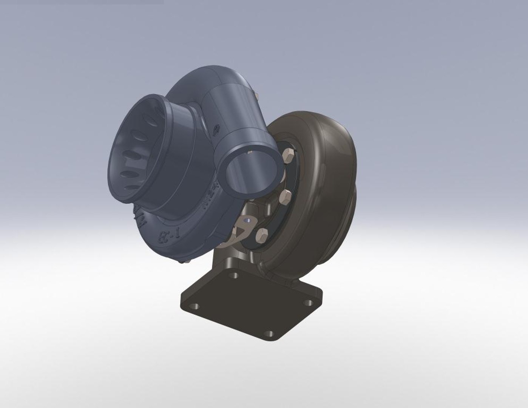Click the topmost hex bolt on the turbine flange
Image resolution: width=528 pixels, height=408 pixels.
[x=289, y=155]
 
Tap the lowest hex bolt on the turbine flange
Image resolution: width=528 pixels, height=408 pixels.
[x=262, y=235]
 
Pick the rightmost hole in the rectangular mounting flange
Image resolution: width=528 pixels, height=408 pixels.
[x=309, y=302]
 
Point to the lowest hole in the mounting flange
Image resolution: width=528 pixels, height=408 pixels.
[x=269, y=333]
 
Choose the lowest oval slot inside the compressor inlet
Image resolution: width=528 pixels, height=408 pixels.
[x=132, y=187]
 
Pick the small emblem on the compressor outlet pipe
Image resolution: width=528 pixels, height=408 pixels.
[x=217, y=130]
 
